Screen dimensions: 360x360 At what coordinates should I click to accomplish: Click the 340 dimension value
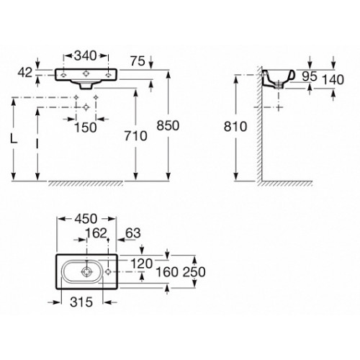(86, 55)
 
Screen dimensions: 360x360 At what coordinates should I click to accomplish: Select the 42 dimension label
(24, 72)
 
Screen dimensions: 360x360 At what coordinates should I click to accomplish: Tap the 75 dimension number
(138, 61)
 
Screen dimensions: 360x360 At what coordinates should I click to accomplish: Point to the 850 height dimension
(168, 125)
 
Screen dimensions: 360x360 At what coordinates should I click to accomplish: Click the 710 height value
(136, 136)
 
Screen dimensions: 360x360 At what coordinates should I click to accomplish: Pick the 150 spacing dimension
(86, 127)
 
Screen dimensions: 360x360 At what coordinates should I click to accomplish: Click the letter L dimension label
(14, 139)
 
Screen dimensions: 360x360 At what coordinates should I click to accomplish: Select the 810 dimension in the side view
(235, 127)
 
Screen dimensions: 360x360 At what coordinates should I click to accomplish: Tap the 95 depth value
(310, 76)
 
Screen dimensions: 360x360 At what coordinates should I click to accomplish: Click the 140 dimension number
(333, 79)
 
